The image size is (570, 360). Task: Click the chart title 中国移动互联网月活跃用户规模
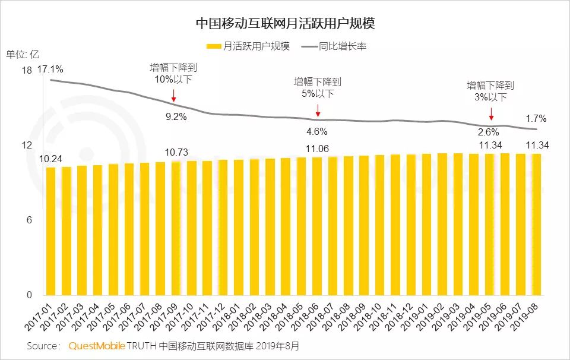click(285, 23)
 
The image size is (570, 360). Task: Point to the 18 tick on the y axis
click(26, 71)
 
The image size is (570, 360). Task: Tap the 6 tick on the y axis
click(29, 220)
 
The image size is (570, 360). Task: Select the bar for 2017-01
click(51, 231)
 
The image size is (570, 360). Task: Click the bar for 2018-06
click(317, 226)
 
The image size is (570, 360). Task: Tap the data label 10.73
click(176, 152)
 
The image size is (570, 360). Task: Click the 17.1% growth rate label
click(50, 70)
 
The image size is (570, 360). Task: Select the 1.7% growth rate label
click(536, 118)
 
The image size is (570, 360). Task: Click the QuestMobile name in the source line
click(96, 346)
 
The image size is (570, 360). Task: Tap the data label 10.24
click(51, 159)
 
